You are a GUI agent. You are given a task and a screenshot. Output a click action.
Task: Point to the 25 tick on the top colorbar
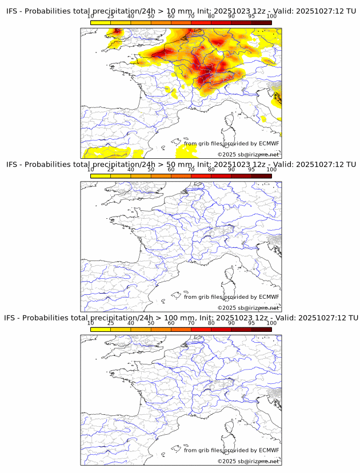tap(111, 17)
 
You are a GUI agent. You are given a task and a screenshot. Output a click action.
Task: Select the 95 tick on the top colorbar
tap(251, 17)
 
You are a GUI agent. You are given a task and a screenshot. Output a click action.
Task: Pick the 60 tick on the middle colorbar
tap(171, 170)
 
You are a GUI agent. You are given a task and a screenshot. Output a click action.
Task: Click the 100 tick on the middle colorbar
tap(271, 170)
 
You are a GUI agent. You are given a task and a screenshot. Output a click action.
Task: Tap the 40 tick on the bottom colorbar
tap(131, 323)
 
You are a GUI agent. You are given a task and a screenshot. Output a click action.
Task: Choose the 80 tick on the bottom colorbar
tap(211, 323)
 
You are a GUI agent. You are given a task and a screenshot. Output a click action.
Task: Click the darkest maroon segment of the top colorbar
tap(261, 22)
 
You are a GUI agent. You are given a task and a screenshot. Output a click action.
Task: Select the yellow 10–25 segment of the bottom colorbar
tap(101, 329)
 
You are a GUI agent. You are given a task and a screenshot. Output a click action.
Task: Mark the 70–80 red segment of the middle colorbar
tap(201, 176)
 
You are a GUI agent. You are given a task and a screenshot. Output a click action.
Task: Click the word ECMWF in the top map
tap(269, 144)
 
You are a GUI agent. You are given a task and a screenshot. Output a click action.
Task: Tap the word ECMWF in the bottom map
tap(269, 450)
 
